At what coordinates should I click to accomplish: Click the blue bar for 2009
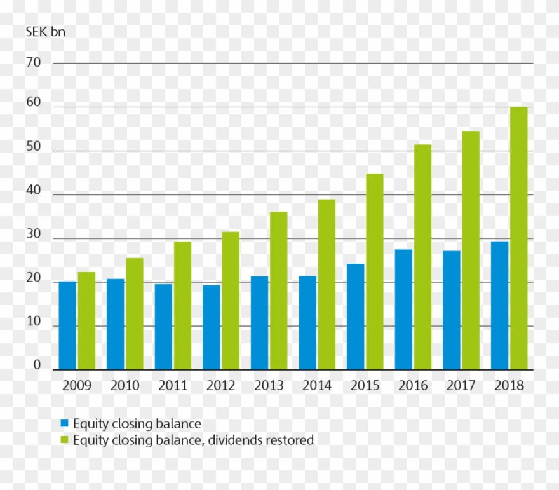point(67,325)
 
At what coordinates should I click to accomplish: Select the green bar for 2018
point(519,238)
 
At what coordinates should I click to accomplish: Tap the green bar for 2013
point(278,290)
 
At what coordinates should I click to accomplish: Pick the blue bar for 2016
point(403,310)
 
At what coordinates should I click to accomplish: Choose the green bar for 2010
point(134,313)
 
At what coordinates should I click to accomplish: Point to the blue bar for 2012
point(212,327)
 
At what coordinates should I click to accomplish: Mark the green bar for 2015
point(375,271)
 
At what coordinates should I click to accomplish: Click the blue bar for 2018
point(500,305)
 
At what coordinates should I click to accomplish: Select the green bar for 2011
point(182,305)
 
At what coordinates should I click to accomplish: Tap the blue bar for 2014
point(307,323)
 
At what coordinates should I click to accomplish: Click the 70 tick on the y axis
point(34,63)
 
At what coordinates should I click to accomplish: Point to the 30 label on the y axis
point(34,235)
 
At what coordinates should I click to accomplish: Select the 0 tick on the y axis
point(37,365)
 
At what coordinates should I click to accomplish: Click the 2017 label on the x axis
point(461,386)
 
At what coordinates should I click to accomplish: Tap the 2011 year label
point(173,386)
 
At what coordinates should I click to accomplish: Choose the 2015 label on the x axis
point(365,386)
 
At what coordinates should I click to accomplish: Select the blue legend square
point(65,423)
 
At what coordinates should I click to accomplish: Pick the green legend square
point(65,440)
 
